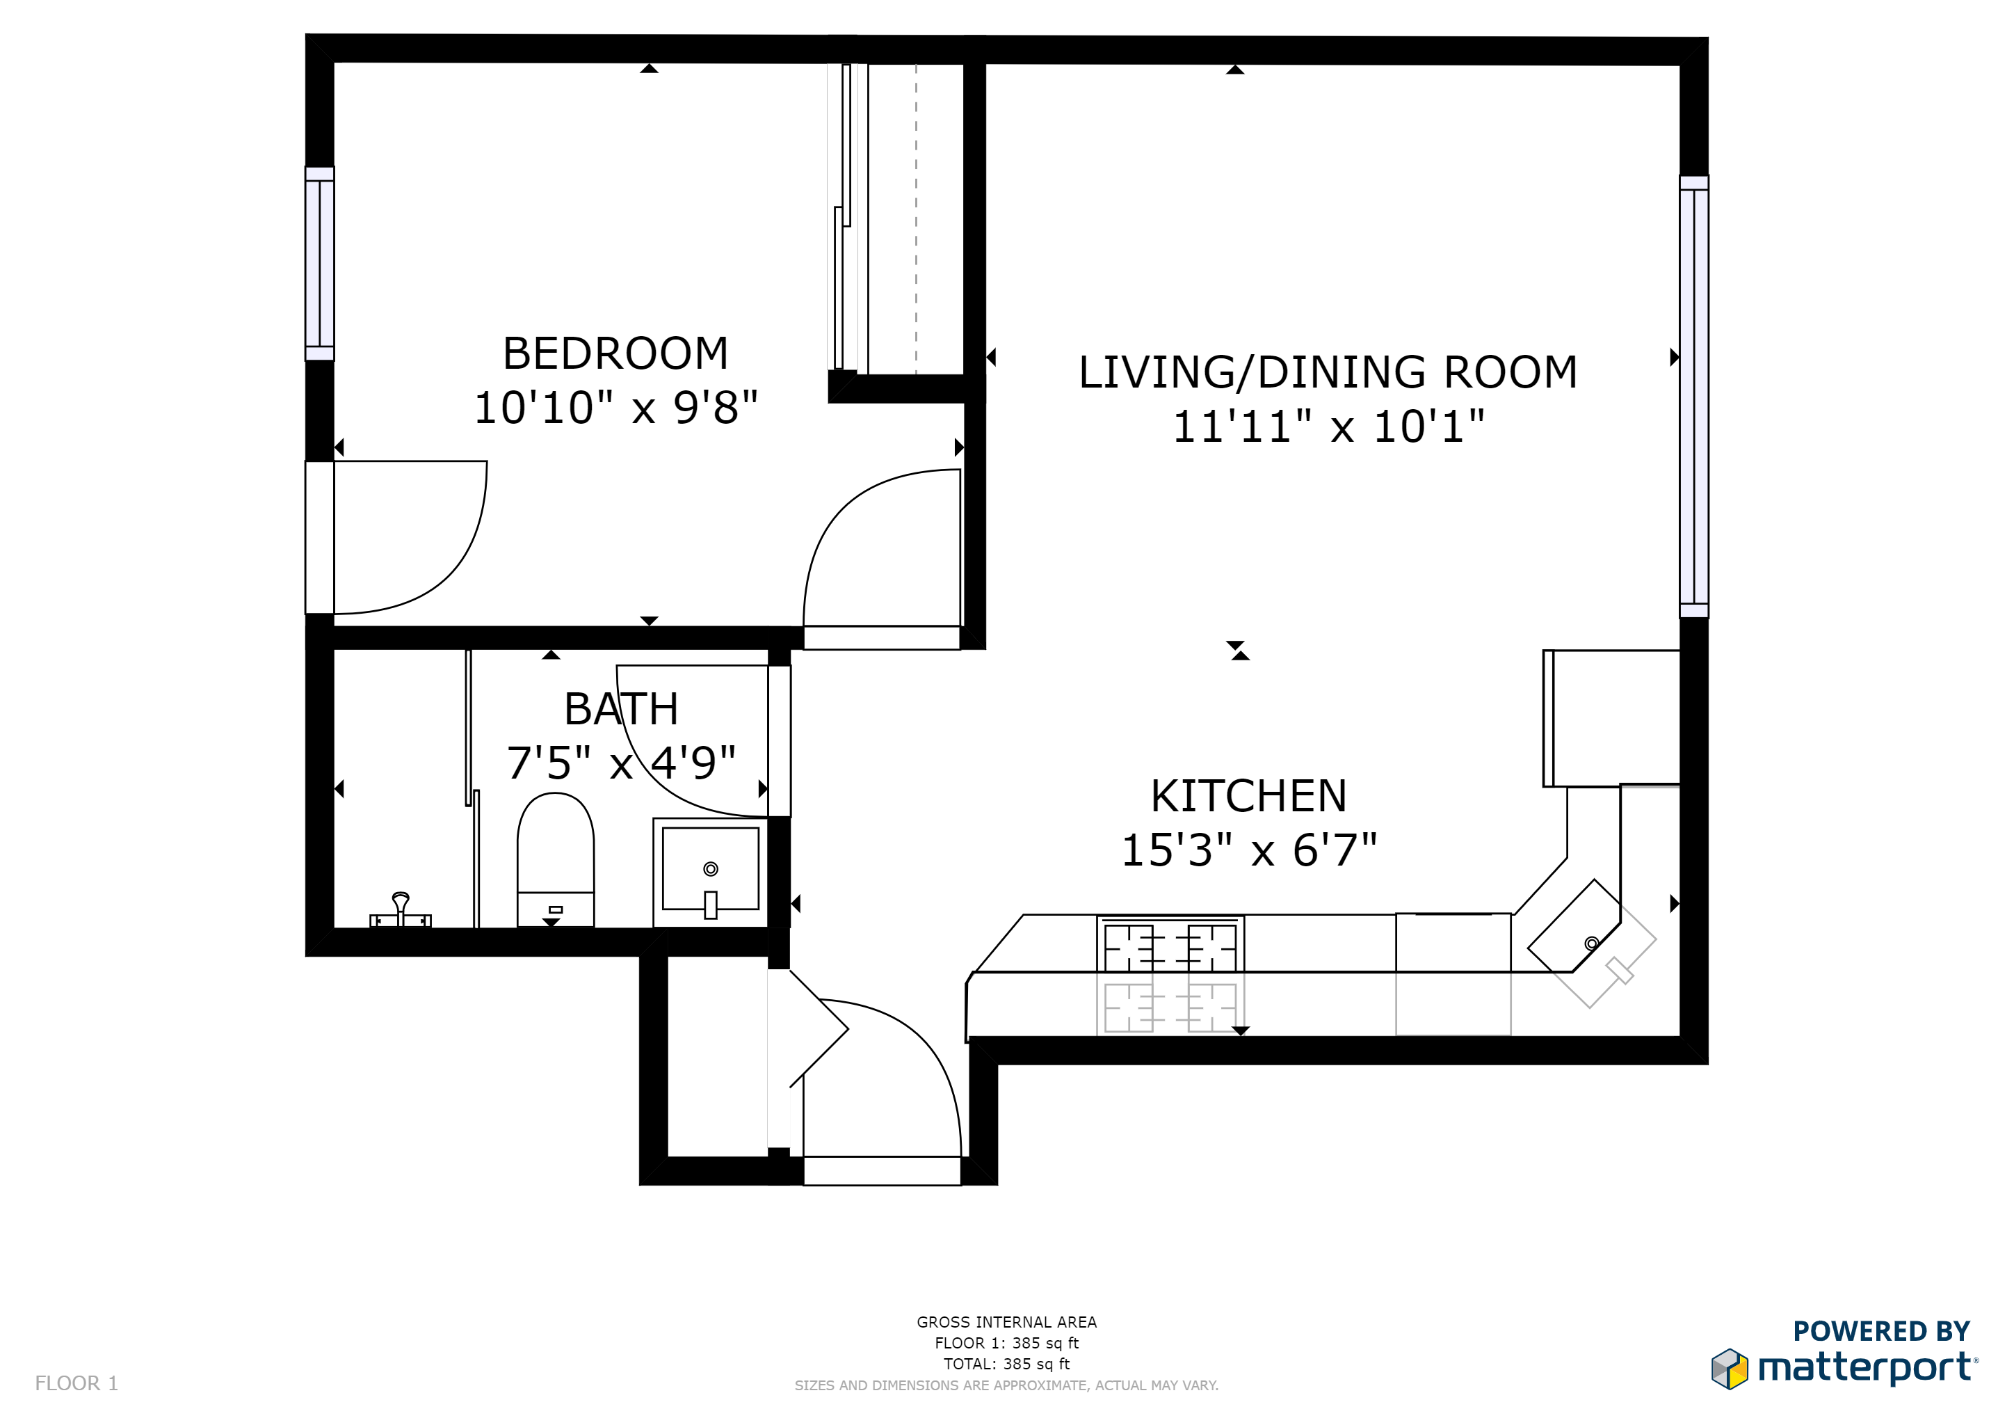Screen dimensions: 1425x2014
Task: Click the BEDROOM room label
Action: pos(615,353)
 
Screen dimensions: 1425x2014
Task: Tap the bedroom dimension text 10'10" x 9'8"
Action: pos(615,408)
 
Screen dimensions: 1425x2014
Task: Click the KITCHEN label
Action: pos(1248,796)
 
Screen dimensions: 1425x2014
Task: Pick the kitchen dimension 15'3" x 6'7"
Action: pos(1248,850)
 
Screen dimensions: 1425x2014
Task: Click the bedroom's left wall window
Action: pos(319,263)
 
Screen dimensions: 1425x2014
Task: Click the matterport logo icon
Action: pos(1729,1369)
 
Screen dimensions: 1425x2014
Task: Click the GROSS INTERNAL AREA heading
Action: pos(1006,1321)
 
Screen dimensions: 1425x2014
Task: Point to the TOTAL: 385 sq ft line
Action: pos(1006,1364)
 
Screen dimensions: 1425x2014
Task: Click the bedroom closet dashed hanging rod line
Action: pos(916,219)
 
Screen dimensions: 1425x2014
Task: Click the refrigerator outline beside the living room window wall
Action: pos(1612,718)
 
